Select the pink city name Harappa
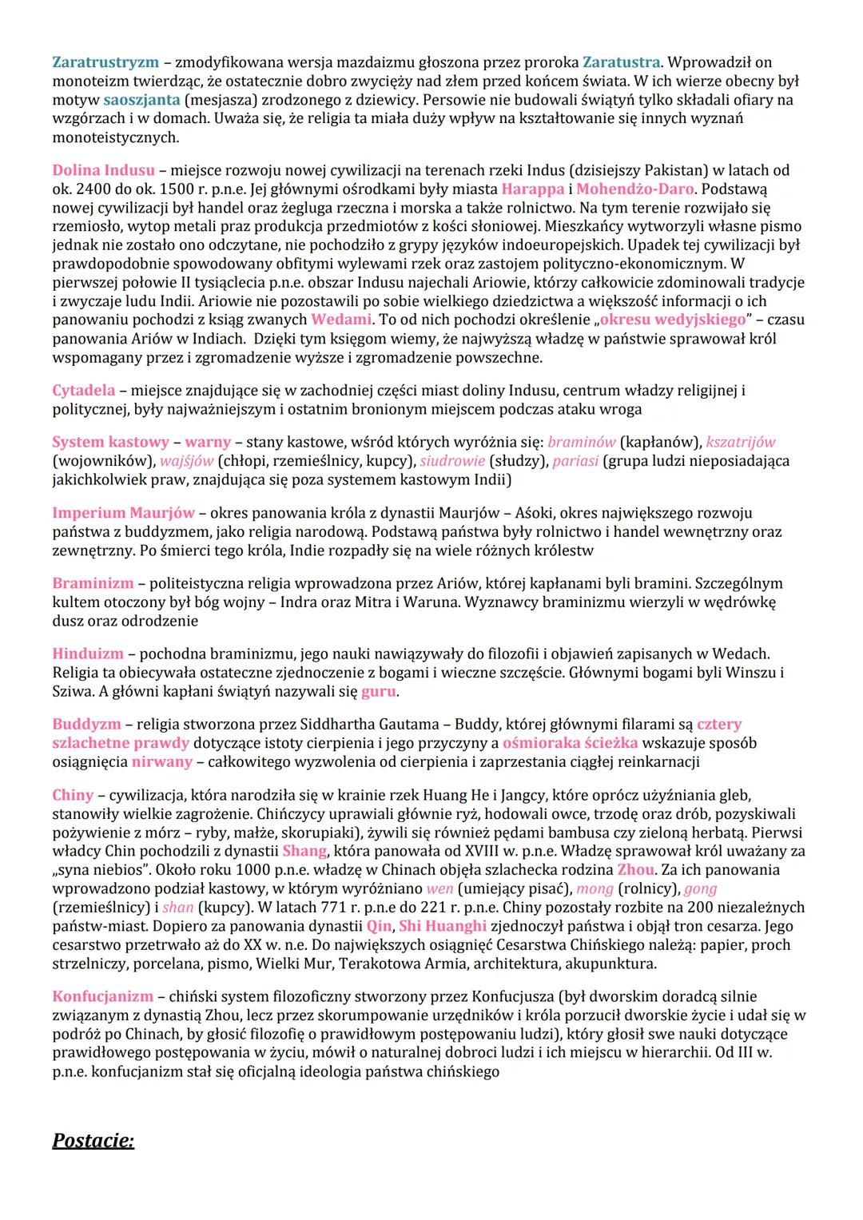tap(533, 189)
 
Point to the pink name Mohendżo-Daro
tap(635, 189)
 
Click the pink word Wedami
tap(341, 320)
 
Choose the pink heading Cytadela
tap(84, 391)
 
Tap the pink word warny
tap(208, 442)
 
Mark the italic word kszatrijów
tap(741, 442)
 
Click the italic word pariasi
tap(576, 461)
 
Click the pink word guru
tap(379, 692)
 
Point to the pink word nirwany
tap(162, 762)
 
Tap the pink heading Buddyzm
tap(87, 725)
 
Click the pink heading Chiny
tap(73, 795)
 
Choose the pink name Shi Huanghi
tap(443, 926)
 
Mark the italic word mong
tap(595, 888)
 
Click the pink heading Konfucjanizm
tap(102, 996)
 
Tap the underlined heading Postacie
tap(93, 1140)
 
